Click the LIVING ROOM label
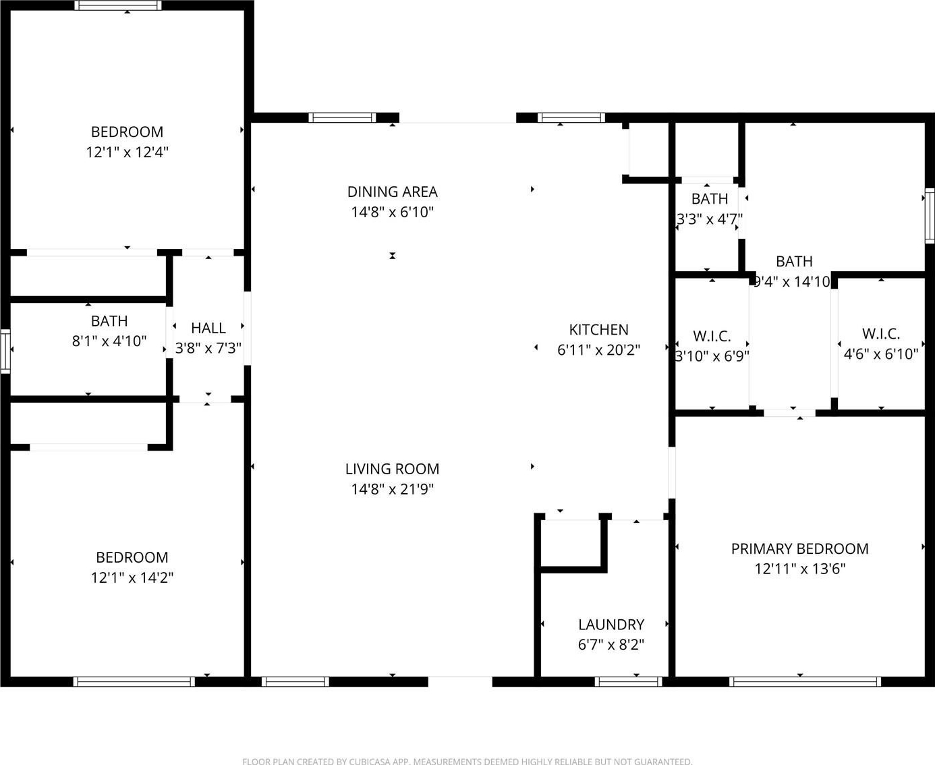(x=392, y=469)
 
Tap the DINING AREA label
(x=392, y=192)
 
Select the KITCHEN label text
(x=598, y=330)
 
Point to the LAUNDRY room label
(x=611, y=625)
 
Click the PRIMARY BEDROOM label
(x=799, y=549)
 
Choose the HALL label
(x=208, y=328)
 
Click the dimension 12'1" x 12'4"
(x=127, y=152)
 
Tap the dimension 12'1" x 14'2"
(x=132, y=578)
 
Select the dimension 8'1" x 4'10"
(x=109, y=341)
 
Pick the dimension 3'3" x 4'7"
(x=710, y=219)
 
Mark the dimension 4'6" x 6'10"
(x=881, y=354)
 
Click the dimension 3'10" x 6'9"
(x=712, y=356)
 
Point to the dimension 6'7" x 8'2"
(x=611, y=645)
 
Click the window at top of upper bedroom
(x=118, y=5)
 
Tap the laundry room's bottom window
(x=628, y=682)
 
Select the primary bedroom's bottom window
(x=805, y=682)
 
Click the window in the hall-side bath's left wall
(x=5, y=351)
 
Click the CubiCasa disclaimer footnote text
(x=467, y=762)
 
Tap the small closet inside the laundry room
(x=571, y=543)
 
